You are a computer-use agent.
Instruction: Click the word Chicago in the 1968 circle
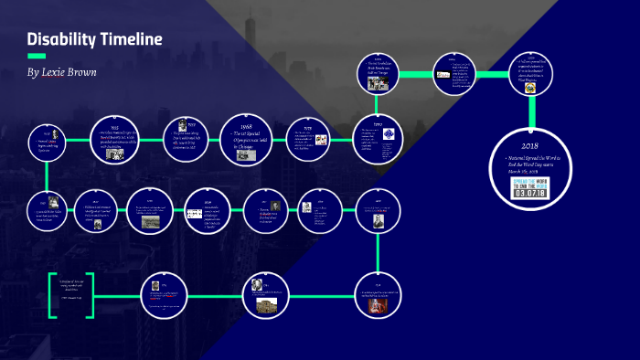[246, 146]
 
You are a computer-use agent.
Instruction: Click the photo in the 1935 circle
[116, 154]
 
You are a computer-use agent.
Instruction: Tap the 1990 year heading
[378, 122]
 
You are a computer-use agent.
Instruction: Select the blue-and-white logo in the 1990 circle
[389, 134]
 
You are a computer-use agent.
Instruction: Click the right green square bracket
[91, 293]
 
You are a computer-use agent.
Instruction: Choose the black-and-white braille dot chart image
[194, 213]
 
